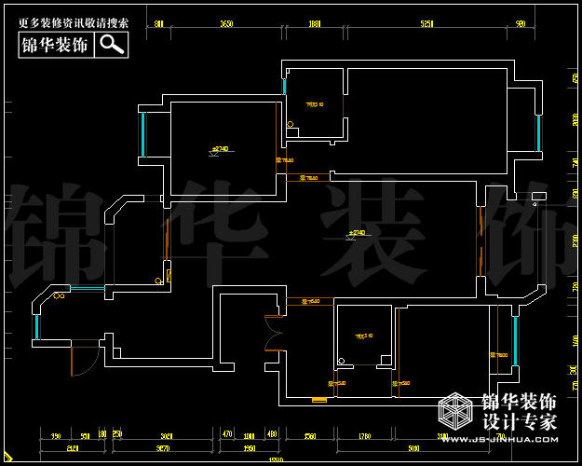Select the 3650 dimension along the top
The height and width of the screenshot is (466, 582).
[x=225, y=23]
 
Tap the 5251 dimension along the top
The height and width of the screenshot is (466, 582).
[x=427, y=23]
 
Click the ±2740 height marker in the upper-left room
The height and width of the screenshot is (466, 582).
[x=221, y=149]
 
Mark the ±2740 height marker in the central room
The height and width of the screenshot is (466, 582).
[x=357, y=232]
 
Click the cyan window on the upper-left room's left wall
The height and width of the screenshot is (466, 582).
[x=143, y=134]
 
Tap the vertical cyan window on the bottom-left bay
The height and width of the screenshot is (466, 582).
[x=36, y=326]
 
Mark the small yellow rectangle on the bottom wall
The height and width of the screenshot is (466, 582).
[x=319, y=400]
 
